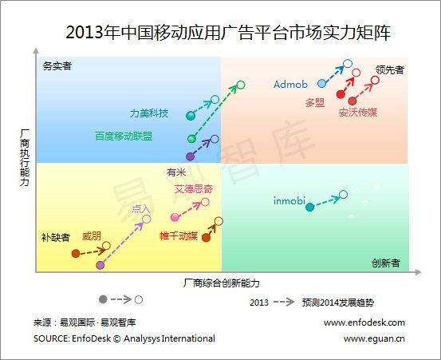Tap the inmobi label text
click(x=289, y=200)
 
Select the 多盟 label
click(x=314, y=102)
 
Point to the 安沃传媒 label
click(x=358, y=113)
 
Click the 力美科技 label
click(x=149, y=113)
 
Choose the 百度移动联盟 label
click(x=124, y=136)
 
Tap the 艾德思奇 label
click(x=194, y=189)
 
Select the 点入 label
click(x=141, y=209)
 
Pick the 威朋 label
click(x=92, y=236)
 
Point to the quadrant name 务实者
click(x=57, y=66)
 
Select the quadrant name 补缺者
click(x=55, y=237)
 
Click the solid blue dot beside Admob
click(x=322, y=83)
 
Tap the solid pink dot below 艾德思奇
click(x=175, y=217)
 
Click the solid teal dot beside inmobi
click(x=310, y=208)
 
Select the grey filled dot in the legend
click(x=102, y=299)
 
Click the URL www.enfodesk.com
click(x=364, y=322)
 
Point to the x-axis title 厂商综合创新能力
click(x=222, y=283)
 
